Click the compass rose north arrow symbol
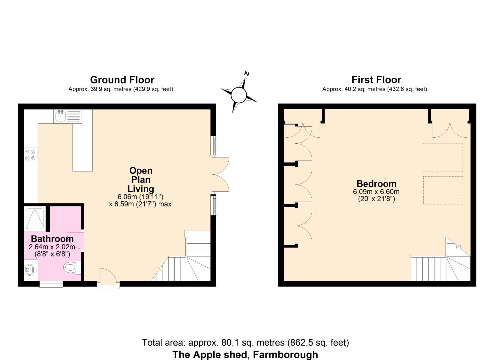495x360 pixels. pyautogui.click(x=239, y=94)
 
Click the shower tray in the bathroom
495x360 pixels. pyautogui.click(x=35, y=218)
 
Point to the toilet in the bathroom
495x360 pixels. pyautogui.click(x=71, y=267)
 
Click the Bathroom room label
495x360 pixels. pyautogui.click(x=52, y=239)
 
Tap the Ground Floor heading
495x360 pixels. pyautogui.click(x=122, y=80)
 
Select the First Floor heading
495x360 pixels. pyautogui.click(x=376, y=80)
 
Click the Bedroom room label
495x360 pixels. pyautogui.click(x=376, y=184)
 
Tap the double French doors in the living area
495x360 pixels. pyautogui.click(x=220, y=175)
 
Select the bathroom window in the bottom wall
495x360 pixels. pyautogui.click(x=51, y=284)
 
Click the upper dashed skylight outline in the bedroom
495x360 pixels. pyautogui.click(x=443, y=158)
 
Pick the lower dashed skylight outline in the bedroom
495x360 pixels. pyautogui.click(x=443, y=190)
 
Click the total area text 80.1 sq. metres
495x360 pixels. pyautogui.click(x=245, y=343)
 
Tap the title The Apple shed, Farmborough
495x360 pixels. pyautogui.click(x=245, y=354)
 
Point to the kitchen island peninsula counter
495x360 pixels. pyautogui.click(x=82, y=147)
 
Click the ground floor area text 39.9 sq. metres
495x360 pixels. pyautogui.click(x=121, y=89)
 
